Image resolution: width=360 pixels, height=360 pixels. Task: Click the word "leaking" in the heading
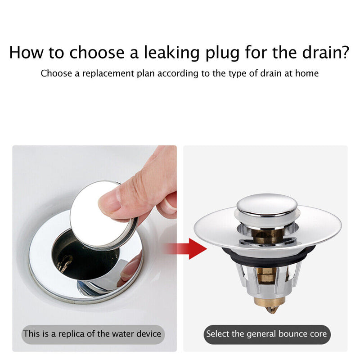[171, 53]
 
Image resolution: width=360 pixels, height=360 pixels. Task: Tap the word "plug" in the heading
[222, 54]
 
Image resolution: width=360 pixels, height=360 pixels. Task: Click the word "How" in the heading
[26, 52]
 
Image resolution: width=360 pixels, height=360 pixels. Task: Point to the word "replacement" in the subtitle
[108, 74]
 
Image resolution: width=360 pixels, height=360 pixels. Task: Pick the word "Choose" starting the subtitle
[56, 73]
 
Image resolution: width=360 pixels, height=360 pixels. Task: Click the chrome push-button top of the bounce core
[267, 205]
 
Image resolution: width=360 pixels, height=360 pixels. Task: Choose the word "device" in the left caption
[149, 333]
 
